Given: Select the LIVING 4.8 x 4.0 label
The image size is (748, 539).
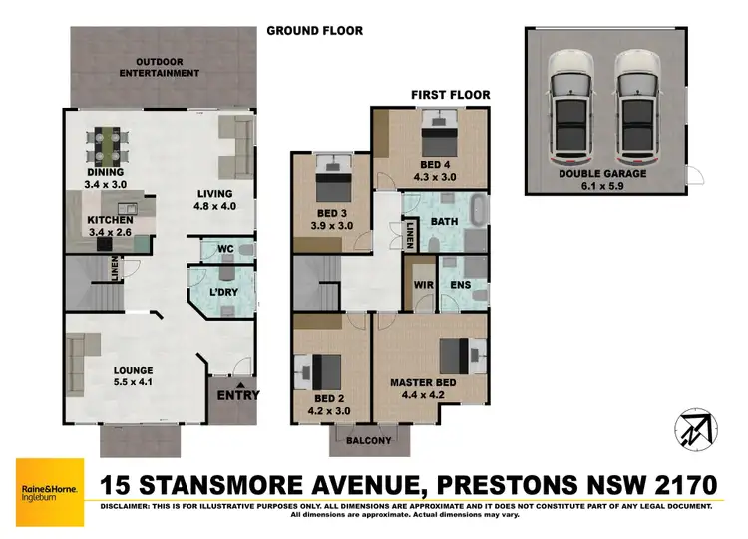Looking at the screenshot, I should point(214,200).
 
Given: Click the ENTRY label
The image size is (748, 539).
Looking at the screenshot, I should point(238,395).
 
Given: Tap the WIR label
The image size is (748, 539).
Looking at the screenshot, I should point(422,285).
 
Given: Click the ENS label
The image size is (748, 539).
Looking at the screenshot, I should point(461,285).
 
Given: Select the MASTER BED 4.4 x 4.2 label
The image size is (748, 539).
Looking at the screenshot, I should point(424,387).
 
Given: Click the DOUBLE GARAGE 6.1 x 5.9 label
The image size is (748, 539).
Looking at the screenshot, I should point(603,180).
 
